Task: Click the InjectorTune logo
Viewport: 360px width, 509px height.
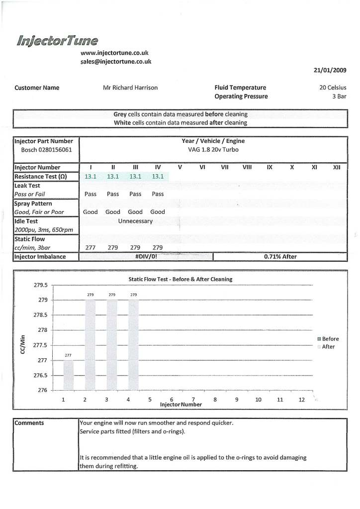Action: click(x=57, y=40)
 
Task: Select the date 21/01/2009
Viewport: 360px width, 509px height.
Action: click(x=330, y=71)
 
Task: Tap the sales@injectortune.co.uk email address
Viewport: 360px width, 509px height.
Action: click(x=115, y=61)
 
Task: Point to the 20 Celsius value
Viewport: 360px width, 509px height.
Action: click(x=333, y=88)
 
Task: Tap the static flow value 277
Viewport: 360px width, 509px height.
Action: click(x=90, y=247)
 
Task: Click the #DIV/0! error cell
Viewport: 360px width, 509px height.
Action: click(x=146, y=256)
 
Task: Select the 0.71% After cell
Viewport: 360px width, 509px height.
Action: click(x=280, y=256)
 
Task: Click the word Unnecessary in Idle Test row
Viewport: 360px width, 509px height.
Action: click(x=135, y=221)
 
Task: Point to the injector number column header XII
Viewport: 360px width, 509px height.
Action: click(x=336, y=168)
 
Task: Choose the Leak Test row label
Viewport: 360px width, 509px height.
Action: click(x=28, y=185)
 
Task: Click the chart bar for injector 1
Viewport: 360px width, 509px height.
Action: click(x=69, y=375)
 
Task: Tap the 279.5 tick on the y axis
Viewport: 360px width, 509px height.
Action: click(x=40, y=285)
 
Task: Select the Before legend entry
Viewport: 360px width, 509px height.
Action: click(x=330, y=339)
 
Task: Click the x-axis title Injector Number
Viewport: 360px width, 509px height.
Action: click(x=180, y=405)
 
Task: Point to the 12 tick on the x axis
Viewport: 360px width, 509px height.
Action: click(x=301, y=399)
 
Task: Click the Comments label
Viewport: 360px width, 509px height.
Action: click(x=29, y=423)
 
